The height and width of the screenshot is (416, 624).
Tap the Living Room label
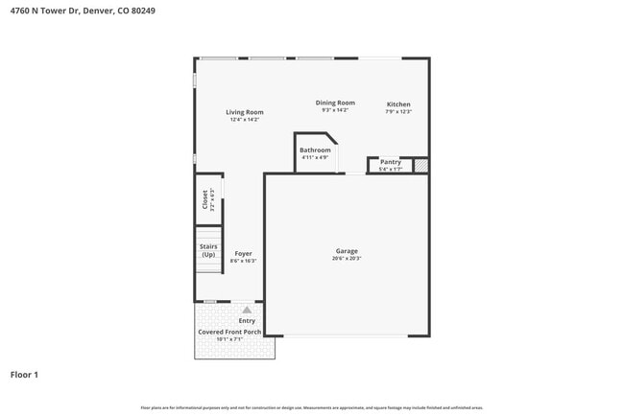click(x=245, y=112)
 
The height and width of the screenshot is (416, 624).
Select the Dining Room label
click(x=335, y=103)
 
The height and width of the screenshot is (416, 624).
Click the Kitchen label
click(x=398, y=104)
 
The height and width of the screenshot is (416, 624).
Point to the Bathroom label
click(x=315, y=150)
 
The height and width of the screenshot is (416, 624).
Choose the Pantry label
click(x=390, y=162)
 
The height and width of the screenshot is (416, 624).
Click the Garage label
click(x=347, y=251)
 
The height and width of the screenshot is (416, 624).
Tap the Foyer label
click(x=243, y=254)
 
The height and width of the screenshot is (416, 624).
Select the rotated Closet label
click(x=204, y=199)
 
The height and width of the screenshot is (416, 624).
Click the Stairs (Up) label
click(x=208, y=250)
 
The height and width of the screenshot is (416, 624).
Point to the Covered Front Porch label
click(x=229, y=332)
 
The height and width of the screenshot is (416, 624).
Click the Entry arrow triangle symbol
click(x=247, y=311)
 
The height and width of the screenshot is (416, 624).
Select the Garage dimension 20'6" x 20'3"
click(x=347, y=259)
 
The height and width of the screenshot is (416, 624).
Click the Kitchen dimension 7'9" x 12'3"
click(x=398, y=111)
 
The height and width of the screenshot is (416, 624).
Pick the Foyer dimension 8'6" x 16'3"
click(x=244, y=261)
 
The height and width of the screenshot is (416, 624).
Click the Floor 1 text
click(x=24, y=374)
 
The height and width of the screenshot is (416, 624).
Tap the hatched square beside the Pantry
click(x=420, y=166)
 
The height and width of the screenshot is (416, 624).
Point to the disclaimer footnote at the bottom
click(x=312, y=408)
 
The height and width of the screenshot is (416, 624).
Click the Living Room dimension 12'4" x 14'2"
click(x=245, y=120)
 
